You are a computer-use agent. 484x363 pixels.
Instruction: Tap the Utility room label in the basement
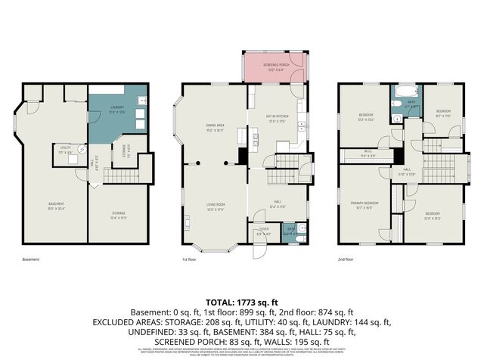pyautogui.click(x=65, y=150)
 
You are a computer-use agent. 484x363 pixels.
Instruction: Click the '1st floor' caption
pyautogui.click(x=189, y=259)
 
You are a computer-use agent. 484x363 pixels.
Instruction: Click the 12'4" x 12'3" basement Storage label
pyautogui.click(x=118, y=216)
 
